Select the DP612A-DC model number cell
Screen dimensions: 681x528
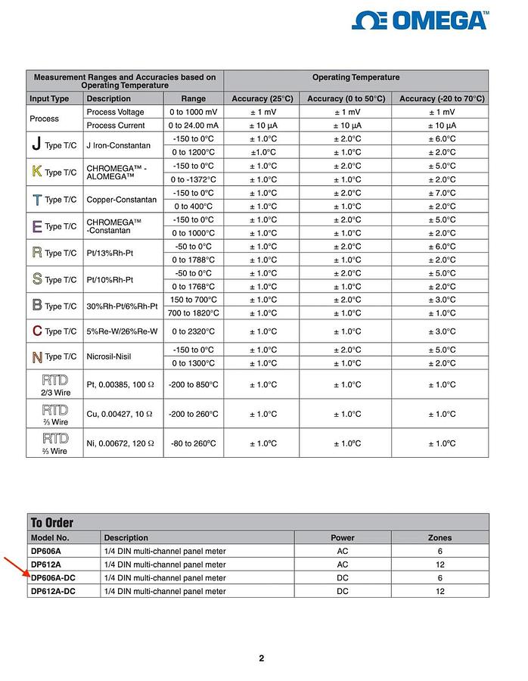(53, 591)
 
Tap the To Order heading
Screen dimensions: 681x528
(51, 523)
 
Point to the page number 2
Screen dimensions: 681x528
(262, 658)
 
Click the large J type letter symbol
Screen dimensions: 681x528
(36, 144)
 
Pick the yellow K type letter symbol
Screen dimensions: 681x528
(36, 171)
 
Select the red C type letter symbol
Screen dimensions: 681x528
(37, 331)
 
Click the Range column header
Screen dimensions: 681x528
(194, 98)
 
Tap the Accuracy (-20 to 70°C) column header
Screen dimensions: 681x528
(442, 98)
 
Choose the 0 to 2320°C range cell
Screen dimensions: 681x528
(194, 331)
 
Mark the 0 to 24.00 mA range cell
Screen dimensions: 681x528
(194, 126)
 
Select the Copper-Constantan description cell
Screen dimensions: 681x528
(121, 200)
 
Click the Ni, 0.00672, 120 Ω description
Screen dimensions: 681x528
(120, 443)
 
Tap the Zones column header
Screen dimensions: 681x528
(439, 538)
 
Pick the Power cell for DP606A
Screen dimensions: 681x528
(343, 552)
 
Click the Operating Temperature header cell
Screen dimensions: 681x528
(356, 77)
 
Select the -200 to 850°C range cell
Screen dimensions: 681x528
(194, 384)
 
